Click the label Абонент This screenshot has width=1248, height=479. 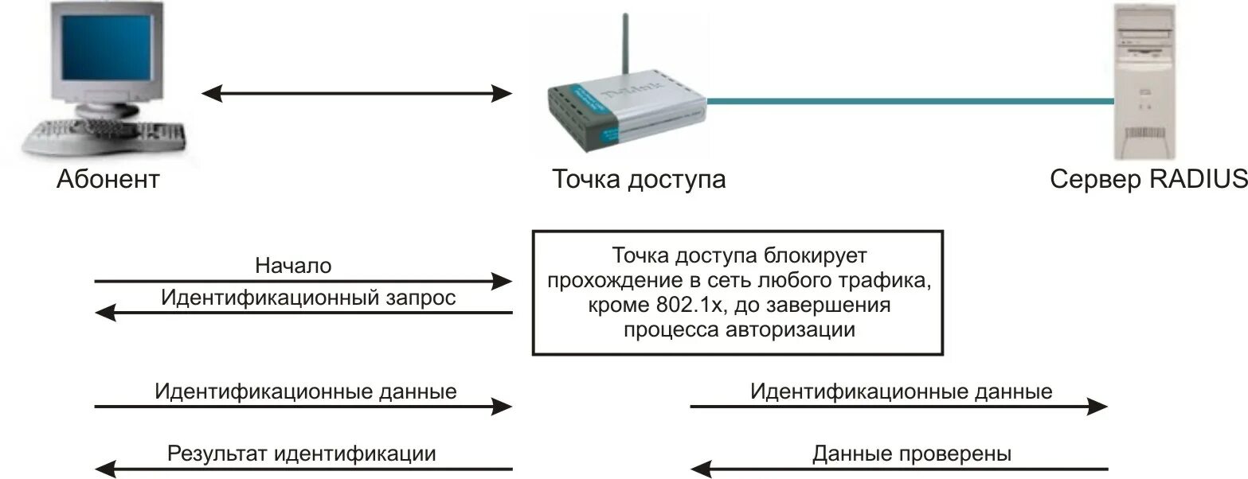pyautogui.click(x=108, y=179)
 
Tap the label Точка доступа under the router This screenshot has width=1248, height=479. pyautogui.click(x=639, y=179)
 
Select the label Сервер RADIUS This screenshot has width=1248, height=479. pyautogui.click(x=1148, y=179)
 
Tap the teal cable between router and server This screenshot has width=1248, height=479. pyautogui.click(x=908, y=101)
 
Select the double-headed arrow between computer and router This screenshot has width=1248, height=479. pyautogui.click(x=356, y=94)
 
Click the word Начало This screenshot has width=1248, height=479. pyautogui.click(x=293, y=266)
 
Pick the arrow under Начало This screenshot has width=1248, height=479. pyautogui.click(x=303, y=281)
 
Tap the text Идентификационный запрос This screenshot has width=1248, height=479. pyautogui.click(x=308, y=298)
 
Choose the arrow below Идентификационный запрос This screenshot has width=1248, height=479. pyautogui.click(x=303, y=313)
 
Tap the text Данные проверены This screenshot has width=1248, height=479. pyautogui.click(x=912, y=454)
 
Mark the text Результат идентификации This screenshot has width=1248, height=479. pyautogui.click(x=302, y=454)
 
